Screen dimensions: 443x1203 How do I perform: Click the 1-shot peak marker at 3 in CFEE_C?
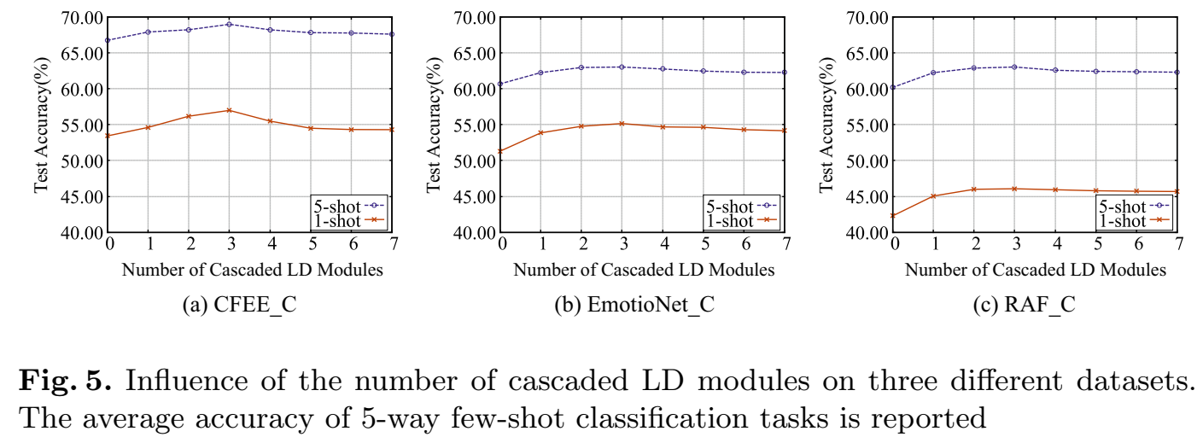229,110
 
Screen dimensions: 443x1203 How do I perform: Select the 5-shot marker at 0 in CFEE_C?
108,40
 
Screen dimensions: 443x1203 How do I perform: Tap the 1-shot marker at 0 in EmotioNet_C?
501,151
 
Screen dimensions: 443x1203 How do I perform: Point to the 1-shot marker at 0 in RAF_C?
894,216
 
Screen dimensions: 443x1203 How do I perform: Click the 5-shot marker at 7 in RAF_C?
1177,72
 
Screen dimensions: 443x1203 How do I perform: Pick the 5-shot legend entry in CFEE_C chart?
349,206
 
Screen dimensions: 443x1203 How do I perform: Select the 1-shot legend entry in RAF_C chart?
1132,221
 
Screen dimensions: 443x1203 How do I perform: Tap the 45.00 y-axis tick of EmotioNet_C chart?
473,196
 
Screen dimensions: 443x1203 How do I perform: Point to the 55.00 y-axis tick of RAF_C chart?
866,125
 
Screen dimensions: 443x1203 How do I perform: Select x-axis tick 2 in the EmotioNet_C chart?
581,245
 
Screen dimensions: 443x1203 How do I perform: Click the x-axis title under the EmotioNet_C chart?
644,270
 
